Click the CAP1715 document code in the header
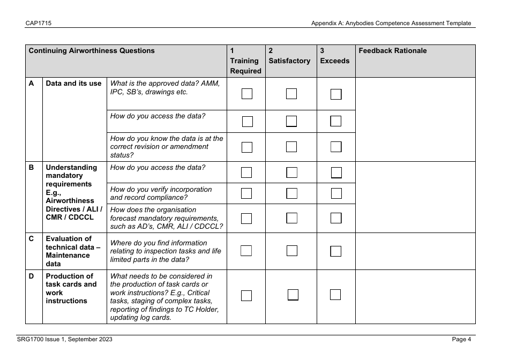34,23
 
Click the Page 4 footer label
461,339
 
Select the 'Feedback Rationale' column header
393,51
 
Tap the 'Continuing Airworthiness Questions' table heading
92,51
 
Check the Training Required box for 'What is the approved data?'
246,94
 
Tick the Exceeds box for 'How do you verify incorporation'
336,193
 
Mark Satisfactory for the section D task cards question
293,295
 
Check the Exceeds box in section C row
336,251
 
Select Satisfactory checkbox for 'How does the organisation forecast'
291,218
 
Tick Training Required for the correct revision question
246,147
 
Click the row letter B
31,167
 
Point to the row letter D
31,276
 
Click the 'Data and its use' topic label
74,84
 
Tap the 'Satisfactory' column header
289,61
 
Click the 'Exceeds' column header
334,61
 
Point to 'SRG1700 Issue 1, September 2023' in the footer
64,339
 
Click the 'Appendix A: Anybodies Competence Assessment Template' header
391,23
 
